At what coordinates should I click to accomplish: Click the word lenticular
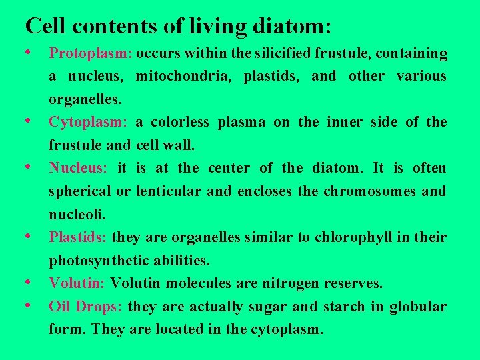(169, 191)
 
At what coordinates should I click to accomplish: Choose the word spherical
(80, 191)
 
